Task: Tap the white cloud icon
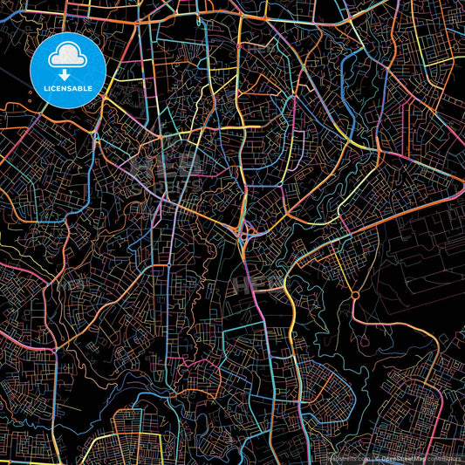pos(68,58)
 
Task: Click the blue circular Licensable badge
pos(68,70)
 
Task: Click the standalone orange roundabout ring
pos(354,297)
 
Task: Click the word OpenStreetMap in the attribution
pos(404,457)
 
